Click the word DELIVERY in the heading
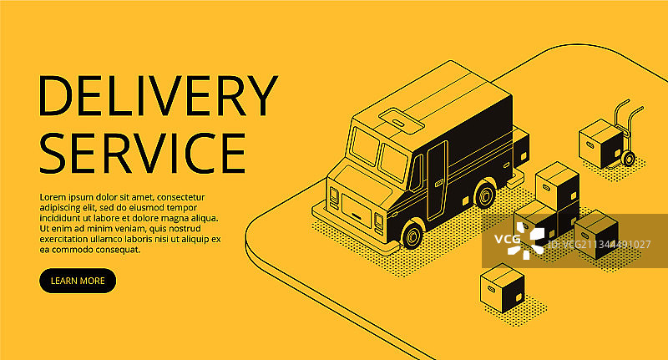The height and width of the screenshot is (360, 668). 158,96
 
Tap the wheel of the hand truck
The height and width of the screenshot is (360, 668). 628,159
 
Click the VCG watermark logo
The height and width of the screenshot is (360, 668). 518,242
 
